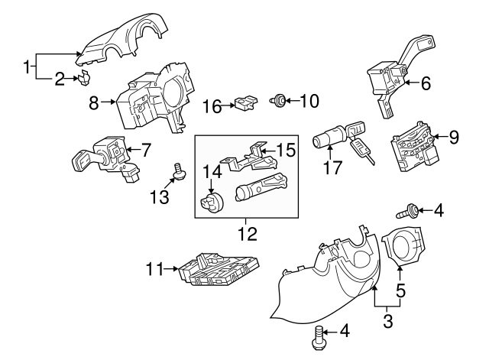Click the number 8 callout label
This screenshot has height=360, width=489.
coord(94,103)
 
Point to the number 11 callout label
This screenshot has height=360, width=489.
coord(154,268)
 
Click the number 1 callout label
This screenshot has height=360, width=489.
coord(28,67)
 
